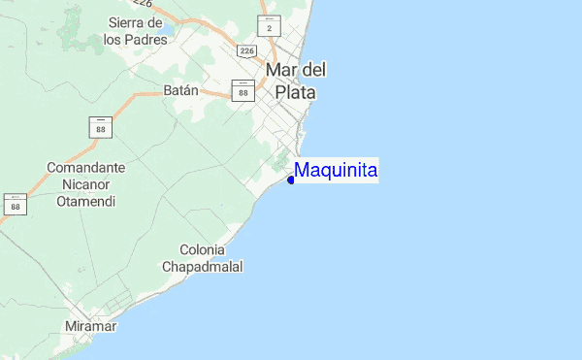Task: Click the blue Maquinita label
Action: pyautogui.click(x=336, y=171)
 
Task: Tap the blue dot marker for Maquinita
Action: pyautogui.click(x=291, y=180)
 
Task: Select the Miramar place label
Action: pyautogui.click(x=91, y=326)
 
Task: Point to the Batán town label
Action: pyautogui.click(x=180, y=90)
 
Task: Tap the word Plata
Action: pyautogui.click(x=296, y=92)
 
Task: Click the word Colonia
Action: pyautogui.click(x=202, y=249)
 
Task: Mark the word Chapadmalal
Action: pyautogui.click(x=202, y=266)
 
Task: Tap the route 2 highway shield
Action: pyautogui.click(x=270, y=25)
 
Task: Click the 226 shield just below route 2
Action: pyautogui.click(x=246, y=49)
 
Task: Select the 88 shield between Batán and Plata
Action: pyautogui.click(x=242, y=90)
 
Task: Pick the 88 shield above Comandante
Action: pyautogui.click(x=101, y=126)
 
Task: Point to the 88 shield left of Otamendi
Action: pyautogui.click(x=15, y=204)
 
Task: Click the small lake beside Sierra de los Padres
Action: pyautogui.click(x=167, y=32)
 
